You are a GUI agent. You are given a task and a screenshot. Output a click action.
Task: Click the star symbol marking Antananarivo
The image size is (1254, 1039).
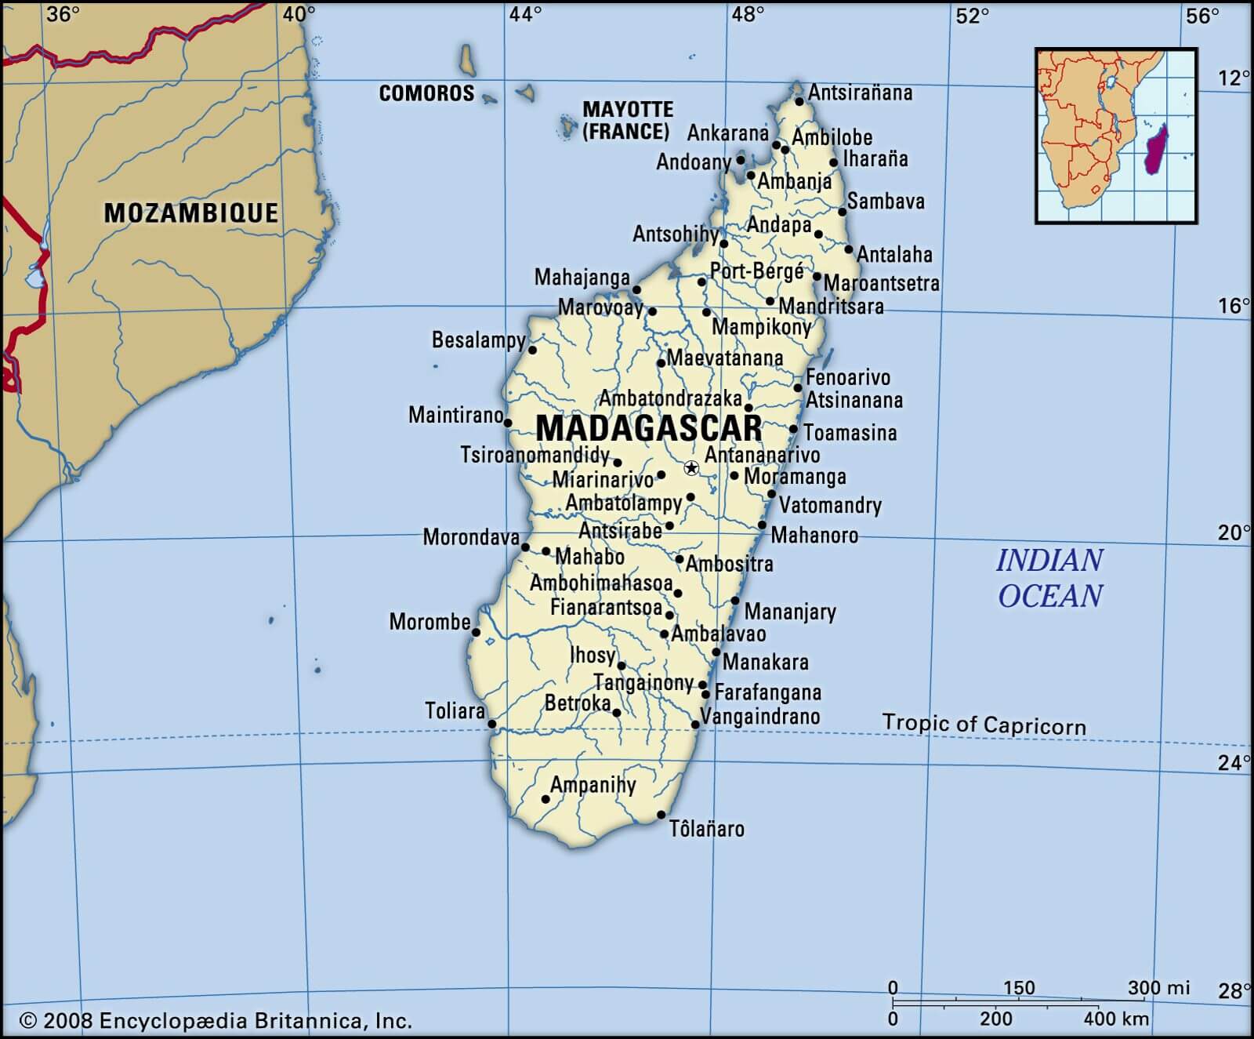[x=691, y=468]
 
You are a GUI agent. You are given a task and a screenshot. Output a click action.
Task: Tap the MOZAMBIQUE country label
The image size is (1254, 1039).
[x=191, y=213]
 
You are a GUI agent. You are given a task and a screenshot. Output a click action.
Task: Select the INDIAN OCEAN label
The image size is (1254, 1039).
[x=1049, y=578]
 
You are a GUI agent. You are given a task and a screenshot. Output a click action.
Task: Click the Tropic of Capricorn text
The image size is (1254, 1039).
[x=984, y=724]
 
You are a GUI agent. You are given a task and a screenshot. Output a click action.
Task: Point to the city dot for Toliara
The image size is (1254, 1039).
[x=492, y=724]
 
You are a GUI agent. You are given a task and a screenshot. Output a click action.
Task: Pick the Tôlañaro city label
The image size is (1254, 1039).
[x=706, y=829]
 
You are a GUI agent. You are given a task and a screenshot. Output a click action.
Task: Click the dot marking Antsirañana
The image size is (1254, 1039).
[x=799, y=101]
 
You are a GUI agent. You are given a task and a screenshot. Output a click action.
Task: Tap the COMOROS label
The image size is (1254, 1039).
[x=426, y=93]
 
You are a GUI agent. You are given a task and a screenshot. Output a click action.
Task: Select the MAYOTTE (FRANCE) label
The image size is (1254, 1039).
[x=627, y=120]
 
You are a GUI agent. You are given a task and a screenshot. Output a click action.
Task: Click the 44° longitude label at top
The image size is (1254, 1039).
[x=524, y=14]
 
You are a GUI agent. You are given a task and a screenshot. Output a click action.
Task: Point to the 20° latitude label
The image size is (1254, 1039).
[x=1233, y=533]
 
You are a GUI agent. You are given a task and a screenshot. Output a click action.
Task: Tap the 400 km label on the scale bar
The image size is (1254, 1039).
[x=1116, y=1019]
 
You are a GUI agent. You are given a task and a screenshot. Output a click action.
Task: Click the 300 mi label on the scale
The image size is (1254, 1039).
[x=1158, y=988]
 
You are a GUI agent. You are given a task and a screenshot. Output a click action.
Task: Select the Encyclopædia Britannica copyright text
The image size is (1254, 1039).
[x=216, y=1020]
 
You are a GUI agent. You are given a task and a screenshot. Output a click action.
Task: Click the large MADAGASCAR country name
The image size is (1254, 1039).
[x=649, y=429]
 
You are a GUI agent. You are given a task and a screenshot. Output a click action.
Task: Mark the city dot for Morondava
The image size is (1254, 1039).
[x=525, y=547]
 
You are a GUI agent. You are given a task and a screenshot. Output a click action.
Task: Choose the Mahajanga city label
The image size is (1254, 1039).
[x=582, y=278]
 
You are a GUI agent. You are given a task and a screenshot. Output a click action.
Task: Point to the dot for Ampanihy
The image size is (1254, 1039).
[x=546, y=799]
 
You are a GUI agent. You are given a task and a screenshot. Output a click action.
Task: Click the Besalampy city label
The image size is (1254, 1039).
[x=478, y=340]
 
